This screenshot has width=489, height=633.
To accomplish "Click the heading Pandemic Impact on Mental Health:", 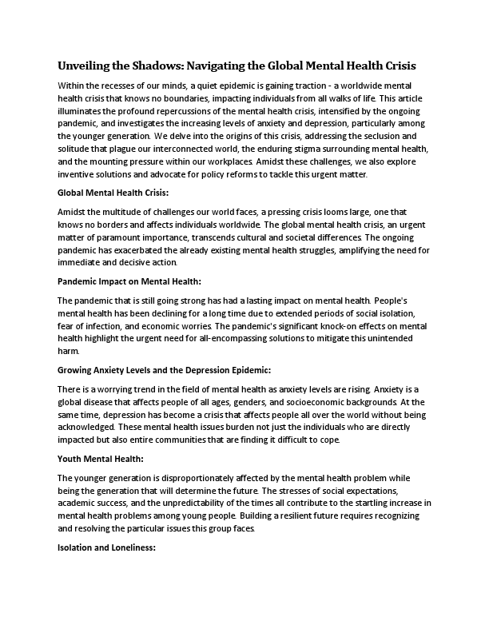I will (x=129, y=281).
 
